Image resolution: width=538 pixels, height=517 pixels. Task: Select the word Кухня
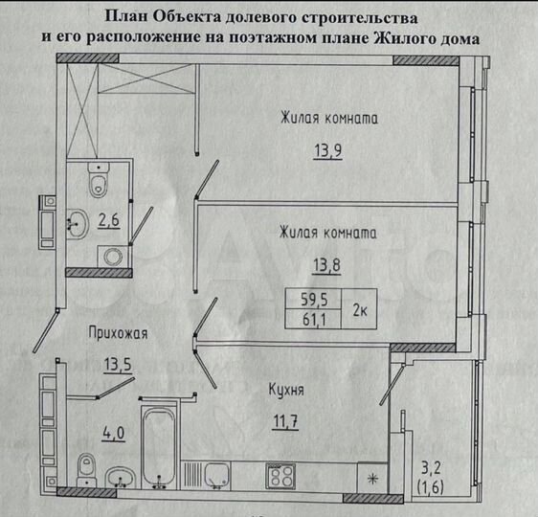coord(286,390)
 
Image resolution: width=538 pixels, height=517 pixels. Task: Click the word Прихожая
coord(118,333)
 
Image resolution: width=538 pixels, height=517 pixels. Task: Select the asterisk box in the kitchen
coord(372,476)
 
